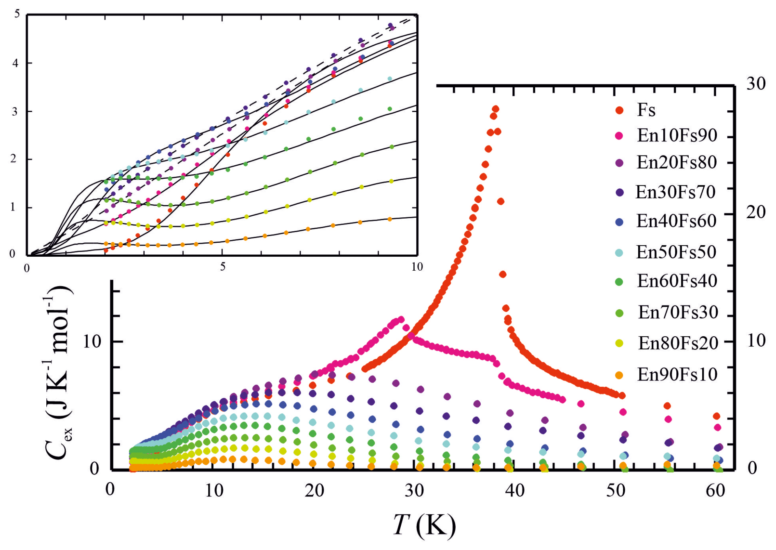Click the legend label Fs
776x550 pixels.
tap(646, 110)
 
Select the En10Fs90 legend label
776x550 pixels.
tap(677, 135)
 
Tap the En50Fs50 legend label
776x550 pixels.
tap(676, 252)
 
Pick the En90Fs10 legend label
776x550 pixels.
tap(677, 374)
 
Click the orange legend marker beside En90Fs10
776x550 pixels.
tap(619, 375)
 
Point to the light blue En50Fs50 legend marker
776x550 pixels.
tap(619, 253)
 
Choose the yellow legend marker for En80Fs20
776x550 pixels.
tap(619, 343)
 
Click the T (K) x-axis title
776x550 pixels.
tap(424, 525)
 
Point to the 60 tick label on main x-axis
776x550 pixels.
tap(715, 490)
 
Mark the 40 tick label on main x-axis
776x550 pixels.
tap(514, 490)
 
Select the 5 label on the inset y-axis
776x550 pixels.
tap(17, 14)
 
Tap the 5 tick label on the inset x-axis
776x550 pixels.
tap(222, 267)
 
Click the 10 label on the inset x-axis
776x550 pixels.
tap(417, 267)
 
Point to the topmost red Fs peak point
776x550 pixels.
tap(495, 109)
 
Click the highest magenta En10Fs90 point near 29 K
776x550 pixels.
tap(401, 319)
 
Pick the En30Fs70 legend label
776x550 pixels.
tap(676, 192)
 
